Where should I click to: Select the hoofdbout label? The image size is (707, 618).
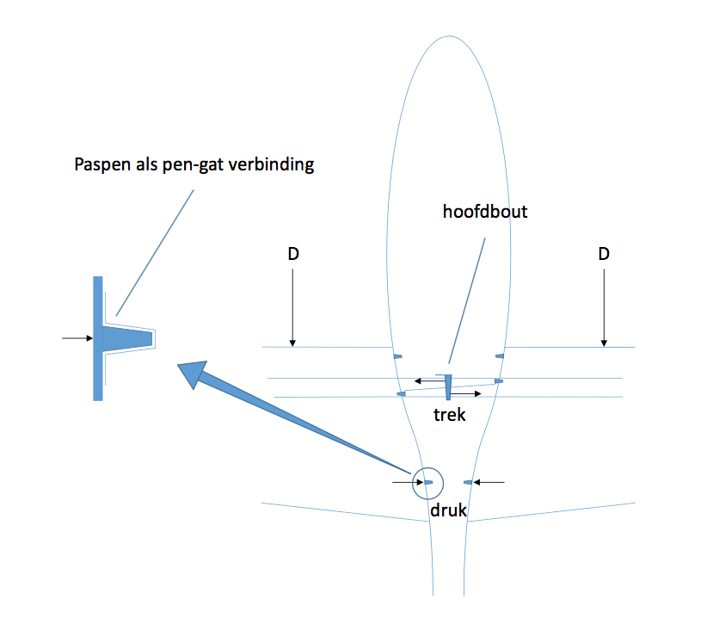tap(485, 212)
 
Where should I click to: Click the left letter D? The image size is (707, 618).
tap(293, 254)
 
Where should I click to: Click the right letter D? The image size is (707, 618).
tap(604, 254)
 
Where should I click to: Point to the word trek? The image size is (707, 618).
tap(450, 415)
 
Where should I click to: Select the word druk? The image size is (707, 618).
tap(449, 510)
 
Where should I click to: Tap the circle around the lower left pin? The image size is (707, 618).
tap(427, 467)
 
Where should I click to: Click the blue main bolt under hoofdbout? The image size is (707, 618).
tap(448, 387)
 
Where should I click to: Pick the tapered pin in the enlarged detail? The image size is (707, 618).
tap(127, 338)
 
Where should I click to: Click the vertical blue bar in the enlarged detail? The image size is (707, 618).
tap(98, 338)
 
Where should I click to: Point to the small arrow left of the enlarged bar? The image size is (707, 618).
tap(77, 338)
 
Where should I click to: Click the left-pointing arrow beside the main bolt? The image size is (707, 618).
tap(430, 381)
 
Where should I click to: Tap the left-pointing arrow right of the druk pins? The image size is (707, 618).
tap(489, 482)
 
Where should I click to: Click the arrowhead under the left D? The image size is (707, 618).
tap(292, 343)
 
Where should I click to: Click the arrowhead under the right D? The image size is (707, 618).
tap(604, 343)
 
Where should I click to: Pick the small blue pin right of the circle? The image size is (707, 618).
tap(468, 483)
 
